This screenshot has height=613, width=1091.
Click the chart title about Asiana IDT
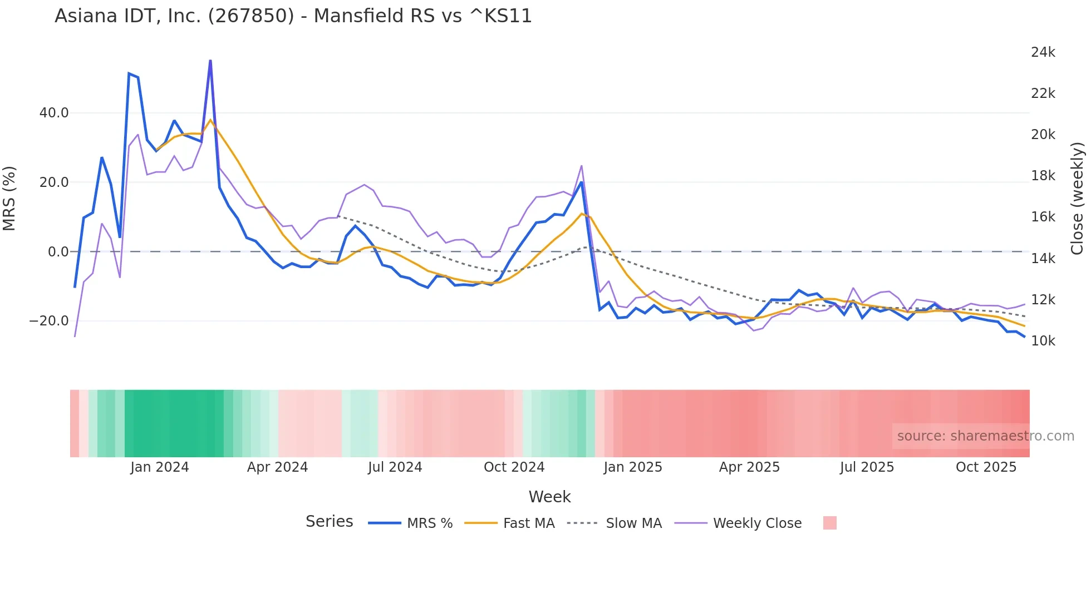point(293,16)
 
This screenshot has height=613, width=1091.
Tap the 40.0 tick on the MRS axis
point(54,113)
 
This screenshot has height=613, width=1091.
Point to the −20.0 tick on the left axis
point(49,321)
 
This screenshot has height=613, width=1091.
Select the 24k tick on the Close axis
point(1043,52)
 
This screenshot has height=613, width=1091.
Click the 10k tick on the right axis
point(1043,341)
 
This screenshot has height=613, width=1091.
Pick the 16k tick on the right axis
point(1043,217)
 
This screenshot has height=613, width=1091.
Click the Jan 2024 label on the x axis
point(160,467)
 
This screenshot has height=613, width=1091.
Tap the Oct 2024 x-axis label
point(514,467)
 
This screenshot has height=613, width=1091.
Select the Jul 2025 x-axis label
point(867,467)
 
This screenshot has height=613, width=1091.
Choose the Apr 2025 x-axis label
point(749,467)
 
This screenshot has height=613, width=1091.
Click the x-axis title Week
point(549,497)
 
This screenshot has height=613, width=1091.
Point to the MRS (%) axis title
point(9,199)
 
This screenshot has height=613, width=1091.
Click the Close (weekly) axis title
point(1077,199)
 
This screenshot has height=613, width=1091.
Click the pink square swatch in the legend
point(829,523)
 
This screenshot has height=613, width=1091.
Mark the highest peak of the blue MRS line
point(210,60)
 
